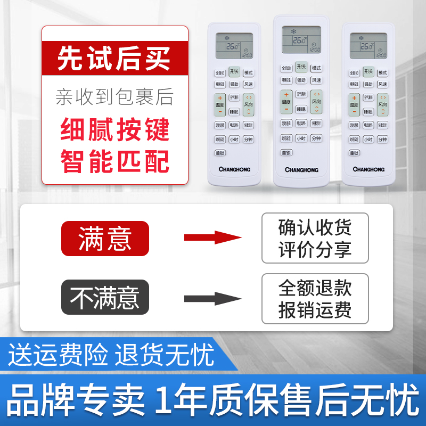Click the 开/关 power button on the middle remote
click(301, 68)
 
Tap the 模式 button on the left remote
click(248, 73)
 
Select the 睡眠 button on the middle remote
click(301, 109)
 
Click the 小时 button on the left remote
click(234, 140)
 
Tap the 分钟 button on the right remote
click(382, 140)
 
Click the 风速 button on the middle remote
click(316, 80)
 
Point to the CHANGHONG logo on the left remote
click(234, 169)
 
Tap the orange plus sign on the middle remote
click(286, 95)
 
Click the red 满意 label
click(105, 237)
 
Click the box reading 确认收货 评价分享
click(315, 237)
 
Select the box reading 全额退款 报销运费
click(315, 298)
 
